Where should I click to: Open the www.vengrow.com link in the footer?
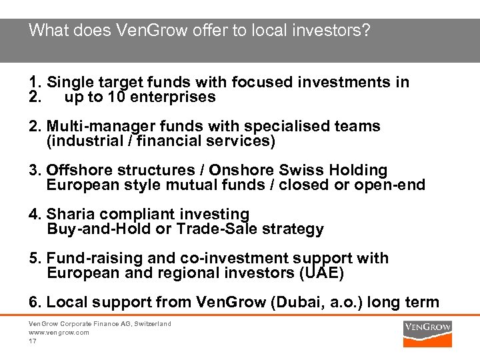point(59,332)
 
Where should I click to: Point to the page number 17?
point(32,341)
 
